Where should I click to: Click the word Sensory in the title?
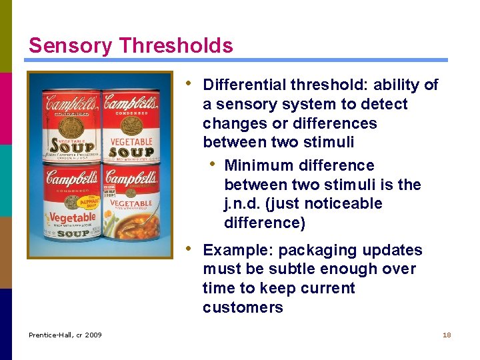point(71,45)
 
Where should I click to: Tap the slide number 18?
point(447,335)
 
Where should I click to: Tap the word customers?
point(243,307)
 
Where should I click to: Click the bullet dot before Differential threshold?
point(190,84)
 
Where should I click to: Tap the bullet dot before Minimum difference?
point(212,164)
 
